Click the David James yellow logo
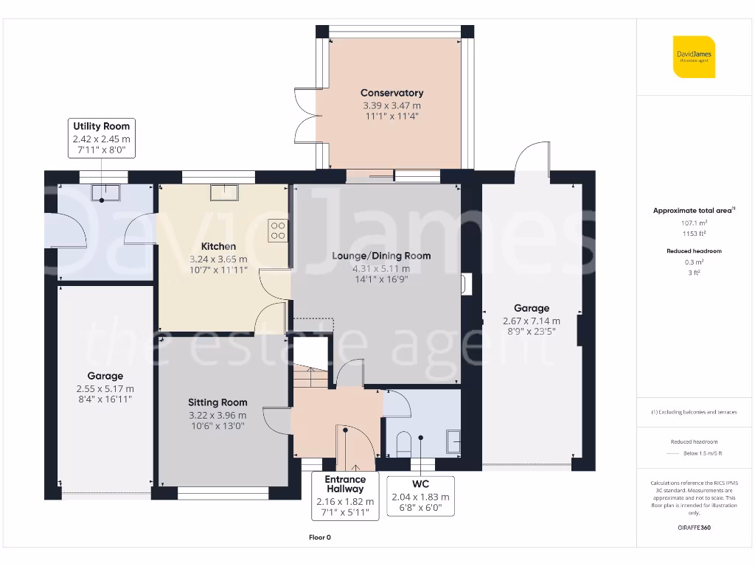pos(694,56)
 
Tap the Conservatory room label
pos(392,93)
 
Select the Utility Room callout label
pos(101,126)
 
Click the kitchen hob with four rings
pos(279,231)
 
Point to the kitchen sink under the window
pos(223,192)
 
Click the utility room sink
pos(103,193)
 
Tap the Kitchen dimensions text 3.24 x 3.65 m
pos(218,259)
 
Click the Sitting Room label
pos(218,402)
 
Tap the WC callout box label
pos(420,484)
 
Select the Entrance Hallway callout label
pos(345,484)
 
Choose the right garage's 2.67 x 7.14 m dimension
pos(531,321)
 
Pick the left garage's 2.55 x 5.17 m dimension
pos(105,388)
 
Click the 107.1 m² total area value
pos(693,223)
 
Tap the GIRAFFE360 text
pos(693,528)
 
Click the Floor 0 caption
pos(319,537)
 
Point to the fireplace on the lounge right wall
pos(465,284)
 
